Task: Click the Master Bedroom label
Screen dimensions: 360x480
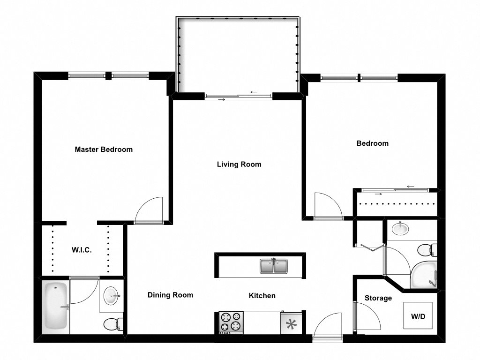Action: coord(104,150)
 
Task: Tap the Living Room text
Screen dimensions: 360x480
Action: coord(239,165)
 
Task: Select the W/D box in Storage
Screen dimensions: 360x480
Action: coord(418,316)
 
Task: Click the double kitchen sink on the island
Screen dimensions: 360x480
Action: coord(274,266)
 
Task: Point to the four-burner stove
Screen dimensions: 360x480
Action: coord(231,322)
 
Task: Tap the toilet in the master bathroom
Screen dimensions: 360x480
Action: coord(113,323)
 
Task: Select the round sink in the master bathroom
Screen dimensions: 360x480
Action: coord(112,296)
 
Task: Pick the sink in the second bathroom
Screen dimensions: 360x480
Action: coord(400,229)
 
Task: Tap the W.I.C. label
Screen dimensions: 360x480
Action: coord(82,250)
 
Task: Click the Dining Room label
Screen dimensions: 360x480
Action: coord(170,295)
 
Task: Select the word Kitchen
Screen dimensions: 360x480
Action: coord(262,296)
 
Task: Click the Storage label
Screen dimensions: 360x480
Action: coord(378,298)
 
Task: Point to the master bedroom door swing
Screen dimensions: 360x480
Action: coord(149,210)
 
